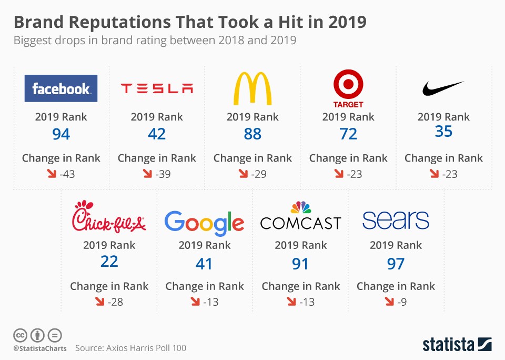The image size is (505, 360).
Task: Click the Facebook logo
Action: (x=61, y=88)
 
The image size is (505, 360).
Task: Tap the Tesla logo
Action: (x=157, y=88)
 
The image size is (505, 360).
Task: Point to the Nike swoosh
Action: (x=443, y=88)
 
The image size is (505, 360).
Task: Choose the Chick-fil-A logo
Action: (x=109, y=216)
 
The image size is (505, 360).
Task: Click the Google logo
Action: (x=204, y=222)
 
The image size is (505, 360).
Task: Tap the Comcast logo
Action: (x=300, y=217)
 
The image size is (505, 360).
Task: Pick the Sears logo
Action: (x=396, y=221)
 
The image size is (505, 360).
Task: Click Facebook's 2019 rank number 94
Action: (x=61, y=134)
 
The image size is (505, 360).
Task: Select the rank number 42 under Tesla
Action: (x=157, y=134)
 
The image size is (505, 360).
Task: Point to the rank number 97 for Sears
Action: (x=396, y=263)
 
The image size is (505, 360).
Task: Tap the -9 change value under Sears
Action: (x=401, y=302)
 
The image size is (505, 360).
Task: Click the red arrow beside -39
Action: (x=147, y=174)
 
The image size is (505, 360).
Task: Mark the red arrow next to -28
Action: (x=99, y=302)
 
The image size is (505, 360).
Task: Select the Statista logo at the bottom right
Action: (x=457, y=345)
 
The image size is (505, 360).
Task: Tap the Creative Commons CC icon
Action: (x=20, y=335)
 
